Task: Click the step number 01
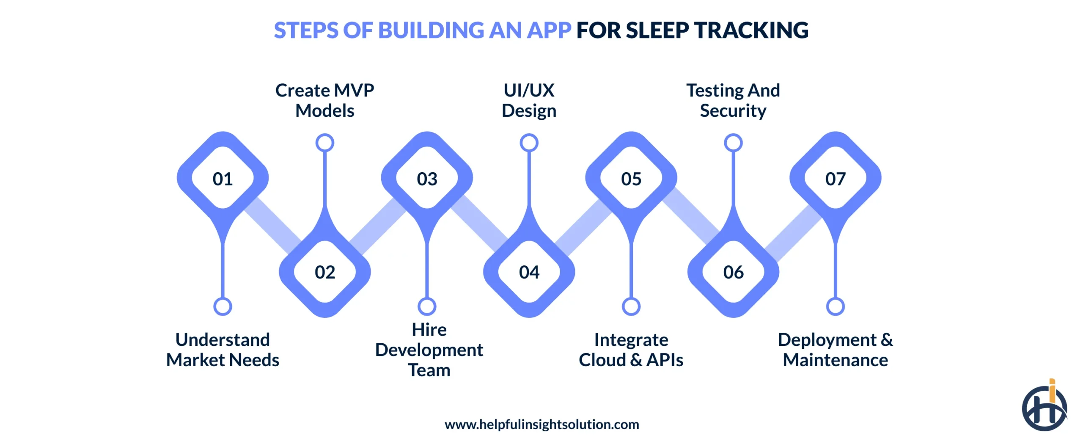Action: pyautogui.click(x=223, y=179)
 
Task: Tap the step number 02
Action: pyautogui.click(x=324, y=272)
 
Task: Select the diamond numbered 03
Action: pyautogui.click(x=427, y=179)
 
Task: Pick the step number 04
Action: pyautogui.click(x=529, y=272)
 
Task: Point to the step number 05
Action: pyautogui.click(x=631, y=179)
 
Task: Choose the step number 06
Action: pyautogui.click(x=733, y=272)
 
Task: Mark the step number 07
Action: pyautogui.click(x=835, y=179)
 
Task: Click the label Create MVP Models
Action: pyautogui.click(x=324, y=100)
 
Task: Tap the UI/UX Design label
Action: pyautogui.click(x=529, y=100)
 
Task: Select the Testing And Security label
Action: pyautogui.click(x=733, y=100)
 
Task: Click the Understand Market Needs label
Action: pyautogui.click(x=223, y=350)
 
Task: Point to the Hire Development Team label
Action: pyautogui.click(x=429, y=350)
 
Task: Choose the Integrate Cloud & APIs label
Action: pyautogui.click(x=631, y=350)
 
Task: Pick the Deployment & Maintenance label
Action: pyautogui.click(x=835, y=350)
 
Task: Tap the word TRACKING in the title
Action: pyautogui.click(x=751, y=30)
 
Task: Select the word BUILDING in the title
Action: pyautogui.click(x=431, y=30)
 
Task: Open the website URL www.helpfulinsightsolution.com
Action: pyautogui.click(x=541, y=424)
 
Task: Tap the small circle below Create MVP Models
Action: pyautogui.click(x=324, y=143)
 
